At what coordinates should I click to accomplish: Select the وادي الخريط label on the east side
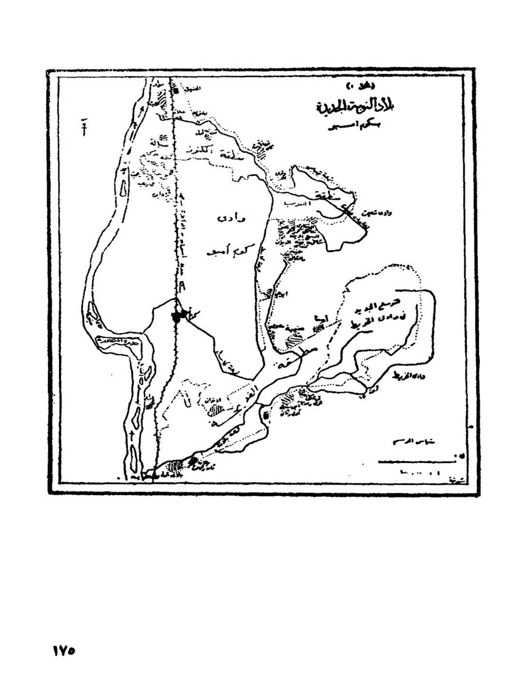point(407,377)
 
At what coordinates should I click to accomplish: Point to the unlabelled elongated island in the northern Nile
point(122,185)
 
